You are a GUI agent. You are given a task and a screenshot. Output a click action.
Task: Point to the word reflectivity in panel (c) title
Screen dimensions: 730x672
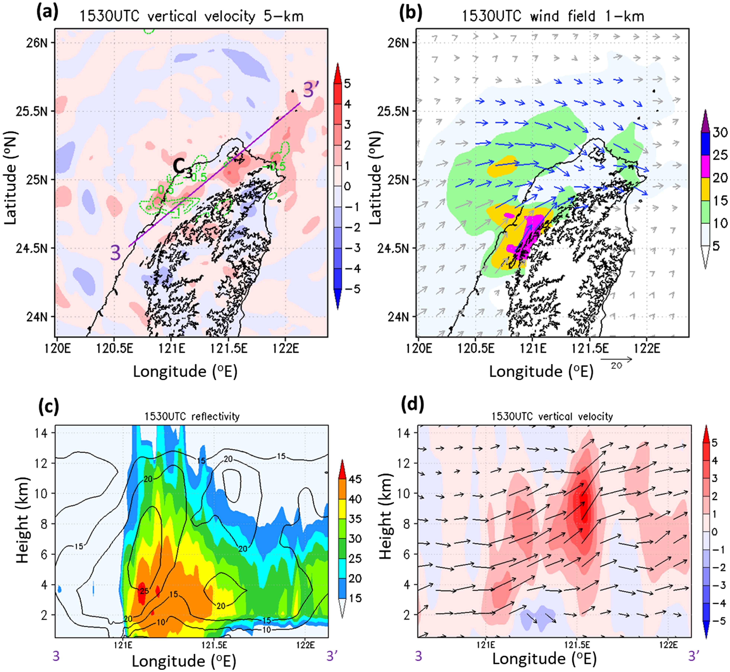click(216, 416)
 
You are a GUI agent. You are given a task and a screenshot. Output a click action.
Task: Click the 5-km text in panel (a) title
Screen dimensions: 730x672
click(284, 16)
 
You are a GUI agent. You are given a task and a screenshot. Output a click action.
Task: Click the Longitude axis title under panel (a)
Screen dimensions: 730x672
click(185, 372)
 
